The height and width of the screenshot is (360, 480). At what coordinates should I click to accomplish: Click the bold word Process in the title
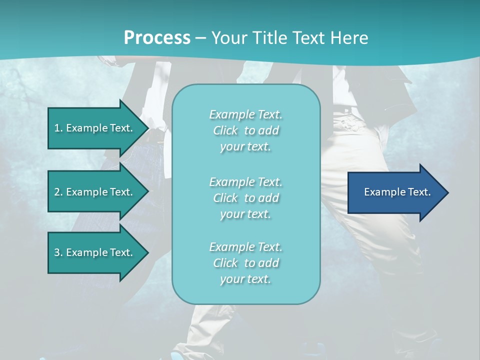point(157,38)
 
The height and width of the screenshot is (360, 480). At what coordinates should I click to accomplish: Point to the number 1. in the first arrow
point(58,128)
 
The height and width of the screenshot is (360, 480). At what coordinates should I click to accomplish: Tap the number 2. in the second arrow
point(58,192)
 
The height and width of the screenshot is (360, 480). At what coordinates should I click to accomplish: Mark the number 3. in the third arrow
point(58,252)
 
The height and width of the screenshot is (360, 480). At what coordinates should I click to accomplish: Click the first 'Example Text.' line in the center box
point(245,114)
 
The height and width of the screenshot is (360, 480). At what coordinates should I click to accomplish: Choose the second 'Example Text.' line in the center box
point(245,182)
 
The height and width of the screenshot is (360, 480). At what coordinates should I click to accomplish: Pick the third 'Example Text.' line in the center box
point(245,247)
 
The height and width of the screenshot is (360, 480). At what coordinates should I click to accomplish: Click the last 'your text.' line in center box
point(245,279)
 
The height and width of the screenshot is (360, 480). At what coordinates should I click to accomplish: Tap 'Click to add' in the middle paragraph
point(245,198)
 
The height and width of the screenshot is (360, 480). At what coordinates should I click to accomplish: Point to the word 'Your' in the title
point(229,38)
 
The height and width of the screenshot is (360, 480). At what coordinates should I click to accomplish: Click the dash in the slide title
point(200,38)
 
